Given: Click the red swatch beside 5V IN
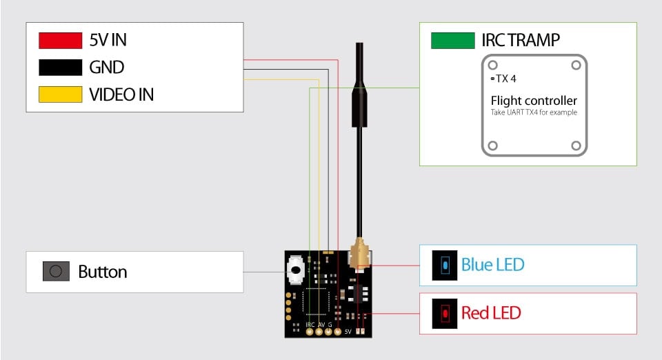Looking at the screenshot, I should (x=61, y=41).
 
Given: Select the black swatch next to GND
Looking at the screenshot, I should (x=61, y=68).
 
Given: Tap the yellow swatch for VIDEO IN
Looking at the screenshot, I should (x=61, y=94).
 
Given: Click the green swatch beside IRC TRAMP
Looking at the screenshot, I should (x=452, y=41).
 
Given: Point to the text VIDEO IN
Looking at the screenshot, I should (x=121, y=94).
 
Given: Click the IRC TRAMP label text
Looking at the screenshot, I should (x=521, y=41).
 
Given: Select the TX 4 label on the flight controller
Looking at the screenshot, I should (x=505, y=79).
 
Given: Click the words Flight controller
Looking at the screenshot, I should (x=534, y=101).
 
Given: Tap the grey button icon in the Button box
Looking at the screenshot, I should (x=57, y=272).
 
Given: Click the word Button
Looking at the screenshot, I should (x=103, y=272).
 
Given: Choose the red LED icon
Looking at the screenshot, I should (x=445, y=313).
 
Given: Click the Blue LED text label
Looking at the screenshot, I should (x=492, y=265).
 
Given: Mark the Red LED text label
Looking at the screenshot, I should (x=491, y=313).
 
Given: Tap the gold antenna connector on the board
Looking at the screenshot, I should (x=359, y=258).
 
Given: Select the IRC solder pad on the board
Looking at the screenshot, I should (x=310, y=332).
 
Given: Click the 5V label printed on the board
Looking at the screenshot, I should (x=348, y=332).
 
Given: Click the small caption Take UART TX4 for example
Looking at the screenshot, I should (x=534, y=112).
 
